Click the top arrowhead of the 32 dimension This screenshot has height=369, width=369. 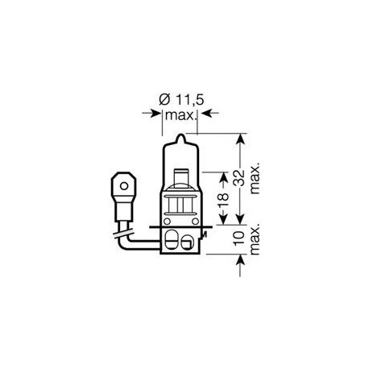239,138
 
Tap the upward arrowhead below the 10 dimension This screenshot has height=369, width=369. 239,260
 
